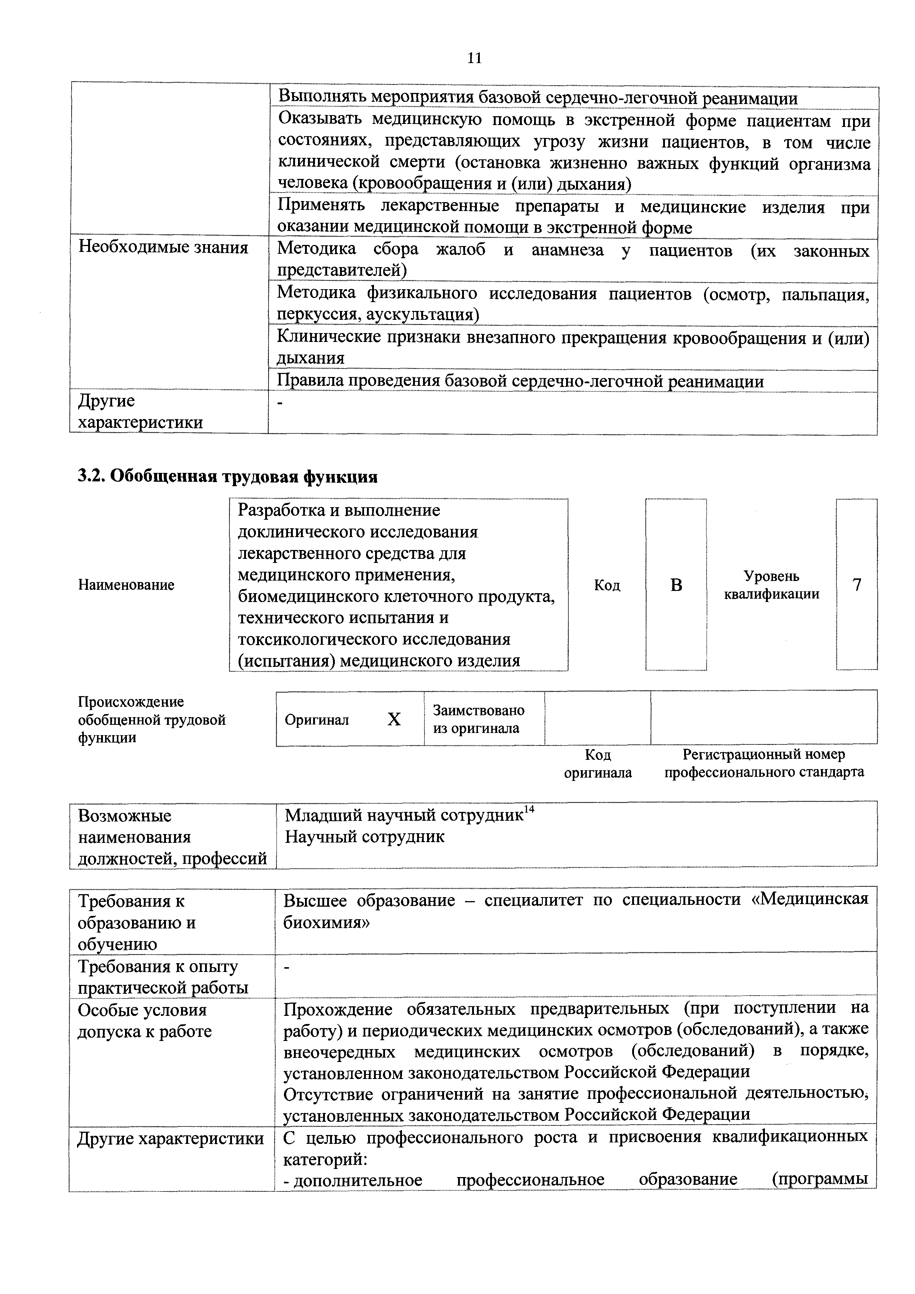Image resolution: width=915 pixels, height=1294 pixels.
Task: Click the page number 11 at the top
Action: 474,58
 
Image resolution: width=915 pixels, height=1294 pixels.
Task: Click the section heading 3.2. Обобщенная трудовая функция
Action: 228,477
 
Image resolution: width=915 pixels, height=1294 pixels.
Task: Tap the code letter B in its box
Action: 676,585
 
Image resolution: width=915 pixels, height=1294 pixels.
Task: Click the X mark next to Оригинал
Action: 394,720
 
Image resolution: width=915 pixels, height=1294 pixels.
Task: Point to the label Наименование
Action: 126,585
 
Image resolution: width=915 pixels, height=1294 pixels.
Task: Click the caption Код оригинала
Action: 598,763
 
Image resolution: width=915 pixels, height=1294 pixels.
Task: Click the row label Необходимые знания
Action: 163,248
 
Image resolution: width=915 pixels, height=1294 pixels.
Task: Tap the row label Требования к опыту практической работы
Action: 163,977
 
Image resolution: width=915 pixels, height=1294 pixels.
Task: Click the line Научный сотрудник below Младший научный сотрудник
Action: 364,837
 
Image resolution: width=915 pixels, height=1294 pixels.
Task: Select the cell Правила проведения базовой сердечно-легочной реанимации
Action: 521,381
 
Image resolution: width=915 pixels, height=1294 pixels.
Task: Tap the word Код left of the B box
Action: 607,585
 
